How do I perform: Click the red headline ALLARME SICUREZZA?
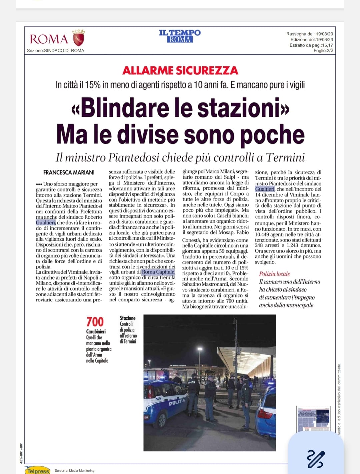(x=180, y=70)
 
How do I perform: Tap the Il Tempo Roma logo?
(x=180, y=36)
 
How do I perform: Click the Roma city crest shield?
(x=79, y=38)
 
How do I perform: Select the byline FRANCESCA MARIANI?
(x=69, y=172)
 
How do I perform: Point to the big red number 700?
(x=95, y=322)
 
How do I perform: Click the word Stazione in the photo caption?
(x=128, y=318)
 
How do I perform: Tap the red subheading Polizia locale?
(x=274, y=274)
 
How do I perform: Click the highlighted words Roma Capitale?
(x=158, y=272)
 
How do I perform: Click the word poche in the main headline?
(x=272, y=134)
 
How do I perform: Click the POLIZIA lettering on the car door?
(x=177, y=402)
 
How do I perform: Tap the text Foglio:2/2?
(x=323, y=51)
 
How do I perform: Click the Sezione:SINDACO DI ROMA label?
(x=56, y=51)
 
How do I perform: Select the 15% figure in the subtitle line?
(x=93, y=85)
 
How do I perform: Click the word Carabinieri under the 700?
(x=96, y=331)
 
